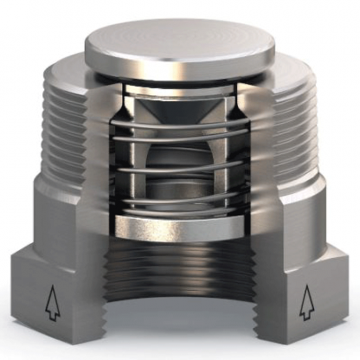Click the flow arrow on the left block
(53, 304)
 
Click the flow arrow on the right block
(305, 303)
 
